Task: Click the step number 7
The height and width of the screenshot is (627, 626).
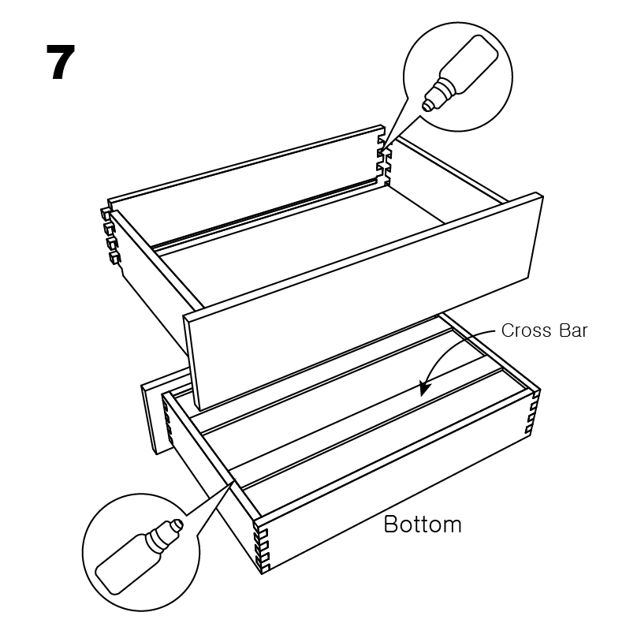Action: (61, 62)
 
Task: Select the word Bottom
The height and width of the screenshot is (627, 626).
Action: (423, 524)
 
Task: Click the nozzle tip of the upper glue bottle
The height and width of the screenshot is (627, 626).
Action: (427, 106)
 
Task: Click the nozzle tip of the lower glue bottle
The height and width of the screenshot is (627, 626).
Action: (177, 524)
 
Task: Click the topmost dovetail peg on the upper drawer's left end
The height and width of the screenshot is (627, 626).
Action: (106, 214)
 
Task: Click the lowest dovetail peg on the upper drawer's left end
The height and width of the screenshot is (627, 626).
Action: (114, 257)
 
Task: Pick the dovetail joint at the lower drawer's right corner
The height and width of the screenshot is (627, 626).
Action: (534, 412)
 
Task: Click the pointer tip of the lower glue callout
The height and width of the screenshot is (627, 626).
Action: (236, 479)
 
